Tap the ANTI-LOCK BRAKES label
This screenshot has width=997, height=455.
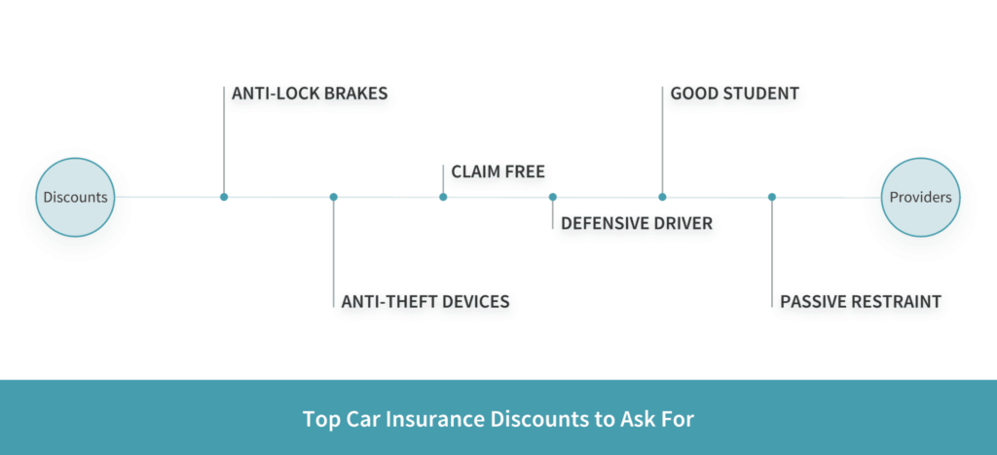pyautogui.click(x=310, y=94)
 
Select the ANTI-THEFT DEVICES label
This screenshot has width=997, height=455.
pyautogui.click(x=425, y=301)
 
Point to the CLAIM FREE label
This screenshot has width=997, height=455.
pyautogui.click(x=498, y=171)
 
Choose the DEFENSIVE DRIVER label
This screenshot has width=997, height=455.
pyautogui.click(x=637, y=223)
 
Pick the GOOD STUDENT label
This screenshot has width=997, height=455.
pyautogui.click(x=734, y=94)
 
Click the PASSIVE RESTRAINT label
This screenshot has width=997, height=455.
pyautogui.click(x=861, y=301)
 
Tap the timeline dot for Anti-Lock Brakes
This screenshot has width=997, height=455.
pyautogui.click(x=224, y=197)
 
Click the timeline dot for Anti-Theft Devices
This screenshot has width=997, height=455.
pyautogui.click(x=333, y=197)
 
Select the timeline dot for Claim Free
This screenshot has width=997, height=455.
pyautogui.click(x=443, y=197)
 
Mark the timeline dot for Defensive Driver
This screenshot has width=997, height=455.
pyautogui.click(x=553, y=197)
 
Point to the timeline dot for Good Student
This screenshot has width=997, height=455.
pyautogui.click(x=662, y=197)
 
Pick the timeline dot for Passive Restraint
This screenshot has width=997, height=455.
pyautogui.click(x=772, y=197)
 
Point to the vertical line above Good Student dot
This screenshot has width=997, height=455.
pyautogui.click(x=662, y=140)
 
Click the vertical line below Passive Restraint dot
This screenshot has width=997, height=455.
pyautogui.click(x=772, y=254)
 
